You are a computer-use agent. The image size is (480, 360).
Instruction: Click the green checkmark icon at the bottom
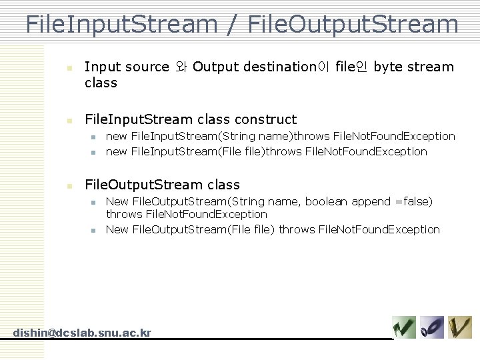click(x=404, y=327)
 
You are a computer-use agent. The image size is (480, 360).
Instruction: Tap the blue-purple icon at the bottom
click(x=432, y=327)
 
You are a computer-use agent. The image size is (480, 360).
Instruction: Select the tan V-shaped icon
click(x=460, y=327)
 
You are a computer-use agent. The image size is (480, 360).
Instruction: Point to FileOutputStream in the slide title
click(x=352, y=24)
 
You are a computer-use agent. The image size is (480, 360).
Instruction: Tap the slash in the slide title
click(x=232, y=25)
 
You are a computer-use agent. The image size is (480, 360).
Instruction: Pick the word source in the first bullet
click(x=147, y=67)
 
